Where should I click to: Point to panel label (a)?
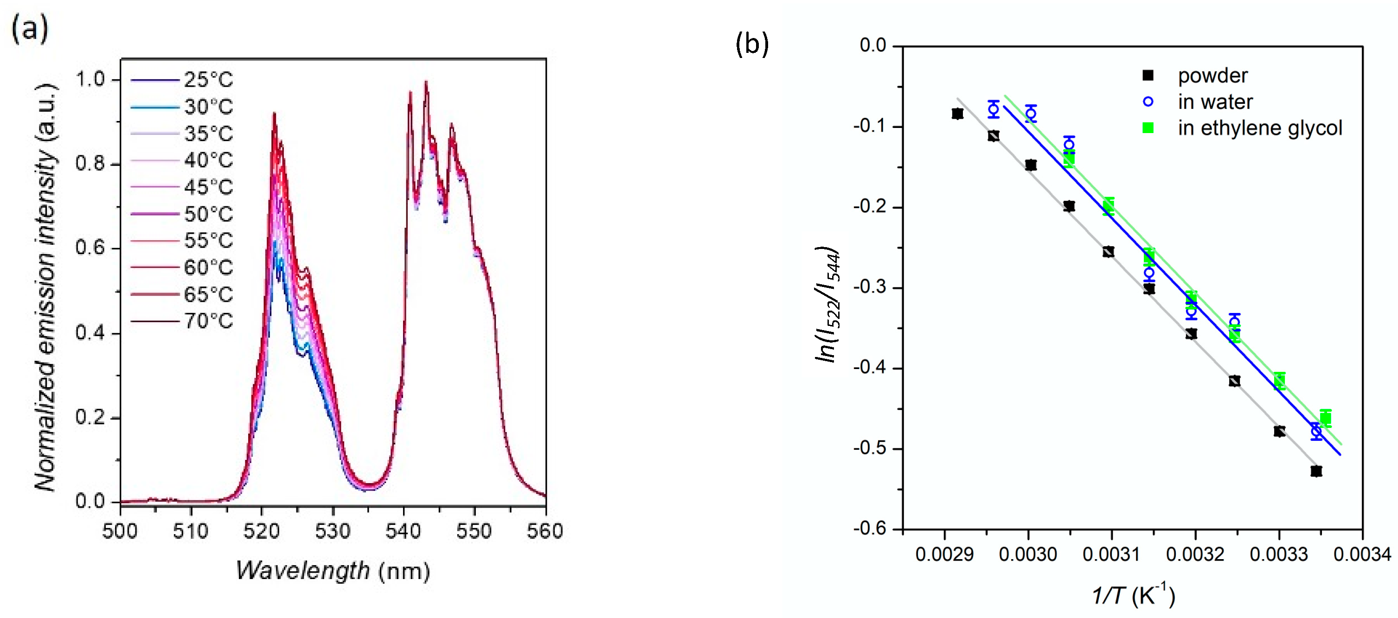[30, 28]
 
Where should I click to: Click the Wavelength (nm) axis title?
[333, 571]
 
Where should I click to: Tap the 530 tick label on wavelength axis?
[333, 531]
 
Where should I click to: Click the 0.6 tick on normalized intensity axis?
[90, 248]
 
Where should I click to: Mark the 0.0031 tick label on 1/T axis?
[1111, 554]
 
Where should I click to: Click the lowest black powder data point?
[1316, 471]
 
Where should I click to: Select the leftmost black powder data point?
[957, 114]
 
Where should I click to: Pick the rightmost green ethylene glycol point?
[1325, 418]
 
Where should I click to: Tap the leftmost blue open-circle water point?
[993, 109]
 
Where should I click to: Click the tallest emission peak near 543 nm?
[426, 83]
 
